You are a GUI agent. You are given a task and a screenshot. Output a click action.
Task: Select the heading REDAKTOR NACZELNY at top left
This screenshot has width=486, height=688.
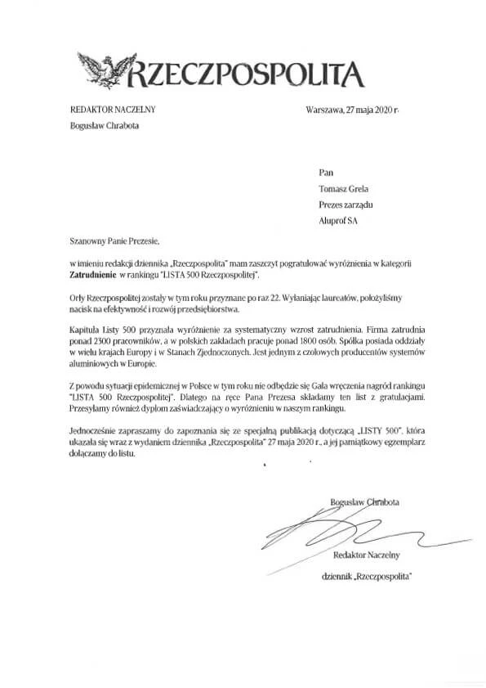pos(112,110)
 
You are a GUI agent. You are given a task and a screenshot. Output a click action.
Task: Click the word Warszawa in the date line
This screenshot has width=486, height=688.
pos(323,110)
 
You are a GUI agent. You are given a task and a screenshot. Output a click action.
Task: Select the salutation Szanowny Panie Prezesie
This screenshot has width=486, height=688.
pos(111,242)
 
